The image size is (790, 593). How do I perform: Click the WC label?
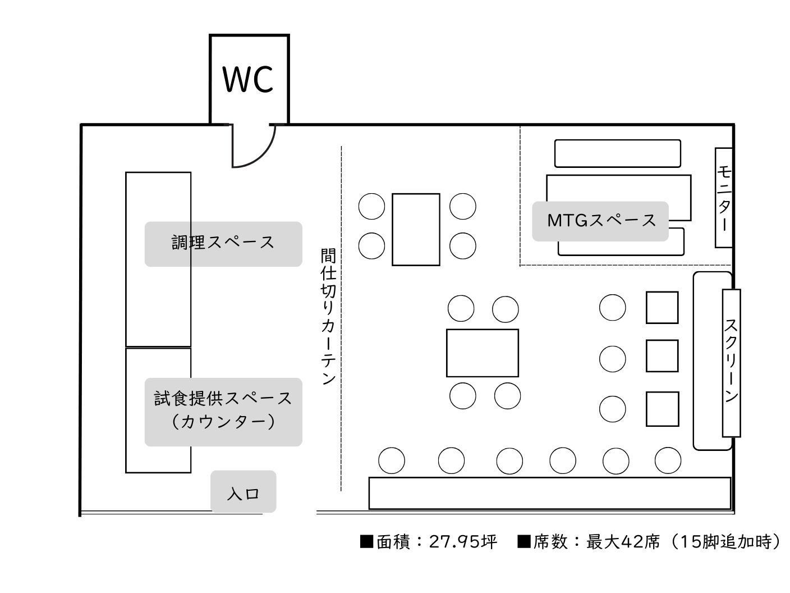tap(248, 80)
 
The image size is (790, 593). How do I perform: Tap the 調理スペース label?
tap(223, 243)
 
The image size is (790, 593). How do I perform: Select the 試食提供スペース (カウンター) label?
tap(223, 411)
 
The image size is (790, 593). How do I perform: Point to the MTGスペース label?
tap(601, 221)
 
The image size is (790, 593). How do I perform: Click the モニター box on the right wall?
tap(724, 198)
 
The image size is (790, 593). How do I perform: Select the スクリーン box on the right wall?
tap(731, 363)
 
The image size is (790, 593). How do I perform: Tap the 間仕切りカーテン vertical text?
tap(328, 317)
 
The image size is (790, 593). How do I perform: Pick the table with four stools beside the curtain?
tap(416, 229)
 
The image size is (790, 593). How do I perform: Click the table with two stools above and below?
tap(483, 353)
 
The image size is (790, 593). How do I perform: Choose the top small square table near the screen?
tap(662, 308)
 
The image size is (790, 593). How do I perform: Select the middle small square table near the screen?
tap(662, 356)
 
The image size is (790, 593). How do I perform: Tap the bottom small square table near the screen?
tap(662, 409)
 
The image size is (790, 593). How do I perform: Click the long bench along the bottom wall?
tap(550, 493)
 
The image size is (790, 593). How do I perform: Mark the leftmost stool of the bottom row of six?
tap(392, 460)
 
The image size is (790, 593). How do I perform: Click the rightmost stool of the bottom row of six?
tap(668, 460)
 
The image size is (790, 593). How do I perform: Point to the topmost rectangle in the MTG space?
tap(617, 153)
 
